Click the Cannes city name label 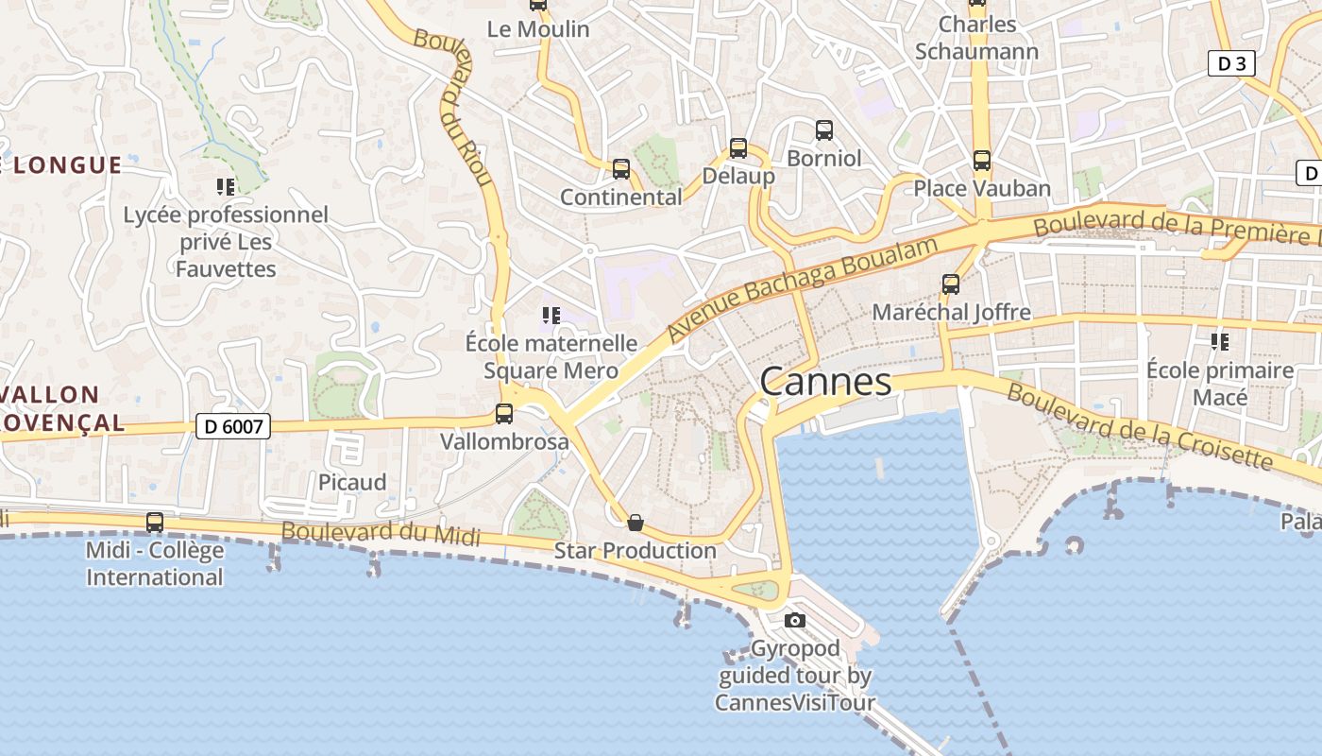[825, 382]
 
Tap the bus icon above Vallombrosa [504, 414]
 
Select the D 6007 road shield [233, 427]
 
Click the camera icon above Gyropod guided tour [795, 620]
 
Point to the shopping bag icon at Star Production [636, 523]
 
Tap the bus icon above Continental [620, 169]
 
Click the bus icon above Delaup [738, 148]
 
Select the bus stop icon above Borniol [824, 130]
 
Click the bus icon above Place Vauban [982, 161]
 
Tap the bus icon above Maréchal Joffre [951, 284]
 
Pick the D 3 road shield [1231, 63]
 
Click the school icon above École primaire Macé [1219, 342]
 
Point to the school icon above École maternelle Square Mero [551, 316]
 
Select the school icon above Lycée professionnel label [225, 187]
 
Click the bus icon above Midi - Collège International [155, 523]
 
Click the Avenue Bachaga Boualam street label [803, 289]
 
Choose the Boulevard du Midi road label [381, 533]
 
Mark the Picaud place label [352, 482]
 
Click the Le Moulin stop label [538, 29]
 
